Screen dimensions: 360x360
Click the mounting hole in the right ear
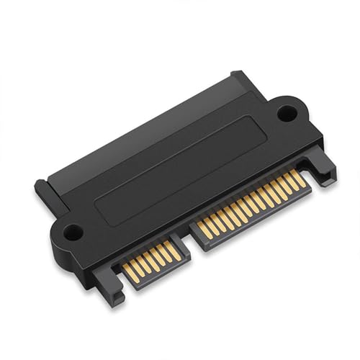pyautogui.click(x=287, y=112)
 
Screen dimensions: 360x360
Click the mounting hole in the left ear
pyautogui.click(x=72, y=233)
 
